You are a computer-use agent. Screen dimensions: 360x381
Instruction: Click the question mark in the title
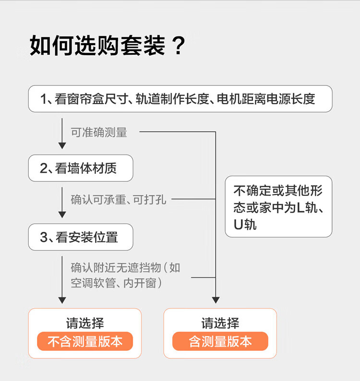[x=179, y=46]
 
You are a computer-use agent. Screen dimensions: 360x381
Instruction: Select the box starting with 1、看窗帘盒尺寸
[x=180, y=99]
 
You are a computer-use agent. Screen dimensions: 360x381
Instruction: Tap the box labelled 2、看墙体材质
[x=81, y=168]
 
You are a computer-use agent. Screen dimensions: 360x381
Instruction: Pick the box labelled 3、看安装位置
[x=81, y=237]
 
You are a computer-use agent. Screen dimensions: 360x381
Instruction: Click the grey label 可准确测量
[x=99, y=132]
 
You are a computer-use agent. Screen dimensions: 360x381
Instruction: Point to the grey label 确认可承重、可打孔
[x=119, y=200]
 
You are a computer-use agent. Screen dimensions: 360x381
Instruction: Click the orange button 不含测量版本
[x=85, y=341]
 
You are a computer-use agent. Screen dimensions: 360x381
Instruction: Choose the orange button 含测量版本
[x=220, y=341]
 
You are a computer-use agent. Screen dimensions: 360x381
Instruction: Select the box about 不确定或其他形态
[x=278, y=206]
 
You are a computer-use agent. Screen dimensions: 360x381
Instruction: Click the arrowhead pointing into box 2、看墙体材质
[x=62, y=145]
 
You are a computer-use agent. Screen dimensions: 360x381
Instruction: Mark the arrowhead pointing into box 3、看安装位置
[x=62, y=214]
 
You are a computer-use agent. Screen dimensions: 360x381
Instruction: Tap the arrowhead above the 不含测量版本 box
[x=62, y=300]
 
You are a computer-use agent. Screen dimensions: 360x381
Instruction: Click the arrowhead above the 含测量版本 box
[x=216, y=300]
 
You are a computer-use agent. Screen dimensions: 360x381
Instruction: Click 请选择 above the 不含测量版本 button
[x=85, y=323]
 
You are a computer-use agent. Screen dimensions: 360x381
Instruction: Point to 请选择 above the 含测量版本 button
[x=220, y=323]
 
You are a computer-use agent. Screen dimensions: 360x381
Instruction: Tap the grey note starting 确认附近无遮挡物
[x=125, y=275]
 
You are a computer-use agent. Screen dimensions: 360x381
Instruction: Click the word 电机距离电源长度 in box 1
[x=266, y=99]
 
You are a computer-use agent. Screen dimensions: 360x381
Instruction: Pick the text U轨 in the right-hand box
[x=245, y=225]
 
